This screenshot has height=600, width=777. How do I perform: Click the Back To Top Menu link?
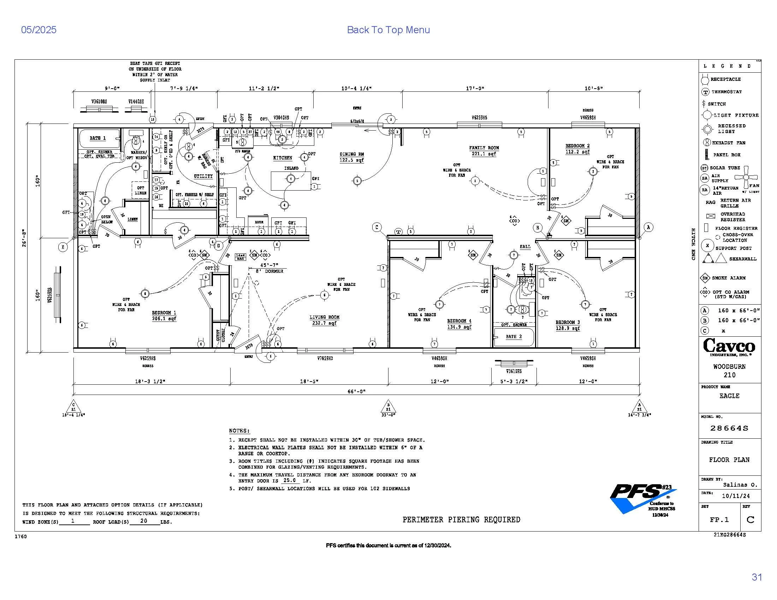pyautogui.click(x=388, y=30)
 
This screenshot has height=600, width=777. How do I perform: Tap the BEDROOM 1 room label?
pyautogui.click(x=164, y=313)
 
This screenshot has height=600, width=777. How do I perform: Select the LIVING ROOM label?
pyautogui.click(x=324, y=317)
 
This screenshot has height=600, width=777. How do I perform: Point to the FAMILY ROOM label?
pyautogui.click(x=484, y=148)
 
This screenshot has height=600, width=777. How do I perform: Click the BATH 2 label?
pyautogui.click(x=514, y=336)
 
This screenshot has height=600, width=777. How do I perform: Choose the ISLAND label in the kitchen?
pyautogui.click(x=291, y=168)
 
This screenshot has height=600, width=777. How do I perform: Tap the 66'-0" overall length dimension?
pyautogui.click(x=356, y=391)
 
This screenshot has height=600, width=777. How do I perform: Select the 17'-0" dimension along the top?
pyautogui.click(x=475, y=88)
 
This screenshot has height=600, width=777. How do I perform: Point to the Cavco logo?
pyautogui.click(x=729, y=347)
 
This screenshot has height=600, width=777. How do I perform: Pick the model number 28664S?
pyautogui.click(x=729, y=428)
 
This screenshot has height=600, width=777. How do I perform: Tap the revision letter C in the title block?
pyautogui.click(x=750, y=520)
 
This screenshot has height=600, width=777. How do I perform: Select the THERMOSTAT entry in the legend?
pyautogui.click(x=726, y=92)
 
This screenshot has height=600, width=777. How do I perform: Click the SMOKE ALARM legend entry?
pyautogui.click(x=728, y=278)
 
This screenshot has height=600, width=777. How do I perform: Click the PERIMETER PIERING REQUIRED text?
pyautogui.click(x=461, y=520)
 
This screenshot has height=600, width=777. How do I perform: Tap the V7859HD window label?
pyautogui.click(x=325, y=358)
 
